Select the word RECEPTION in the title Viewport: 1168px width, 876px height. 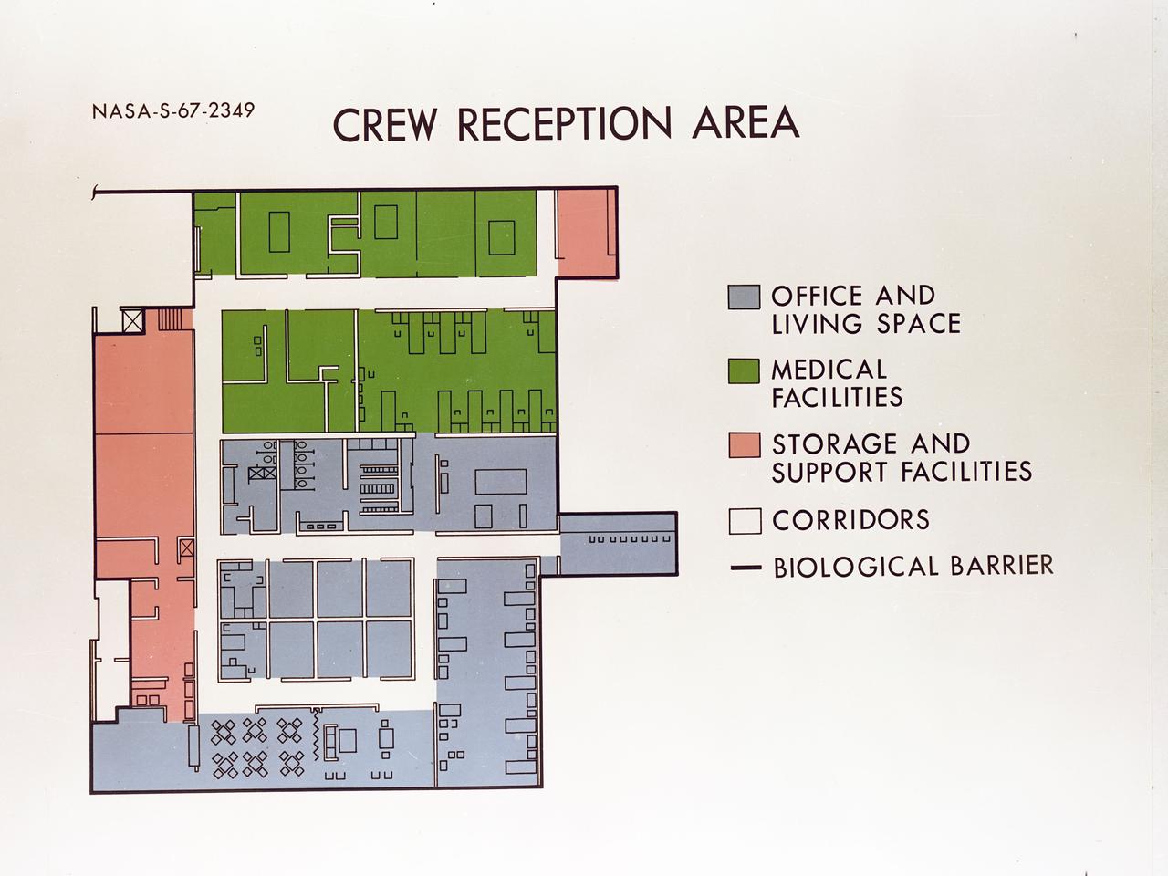coord(567,124)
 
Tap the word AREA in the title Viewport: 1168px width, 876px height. coord(746,122)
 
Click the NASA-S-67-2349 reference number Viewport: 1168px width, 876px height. coord(173,111)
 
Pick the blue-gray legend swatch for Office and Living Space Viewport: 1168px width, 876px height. coord(744,297)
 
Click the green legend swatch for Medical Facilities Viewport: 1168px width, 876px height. coord(744,371)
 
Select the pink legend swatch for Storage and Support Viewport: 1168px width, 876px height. coord(744,445)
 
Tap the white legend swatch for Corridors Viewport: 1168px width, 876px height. coord(744,521)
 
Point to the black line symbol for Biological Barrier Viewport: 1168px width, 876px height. coord(745,568)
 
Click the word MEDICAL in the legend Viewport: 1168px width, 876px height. coord(829,370)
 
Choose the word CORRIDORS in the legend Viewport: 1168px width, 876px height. coord(850,520)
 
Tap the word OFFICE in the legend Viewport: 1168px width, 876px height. coord(817,296)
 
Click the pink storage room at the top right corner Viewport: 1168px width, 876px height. coord(587,232)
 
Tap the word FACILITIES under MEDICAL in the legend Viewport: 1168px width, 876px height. coord(837,397)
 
